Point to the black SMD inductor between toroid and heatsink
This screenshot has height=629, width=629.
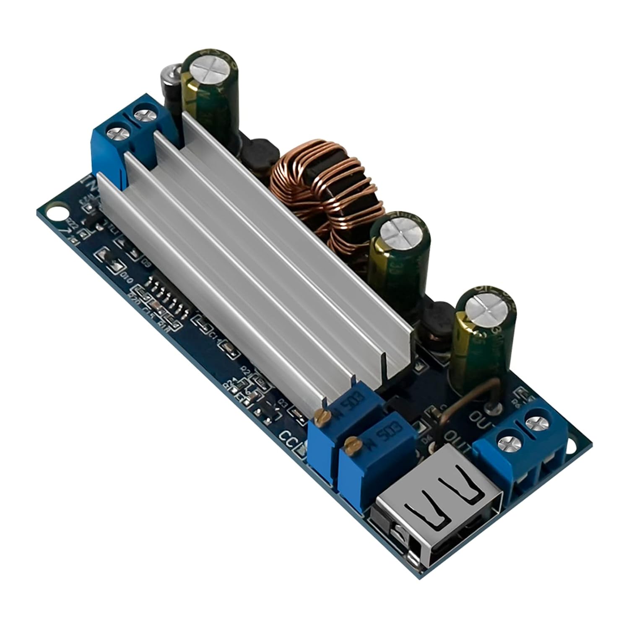256,156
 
